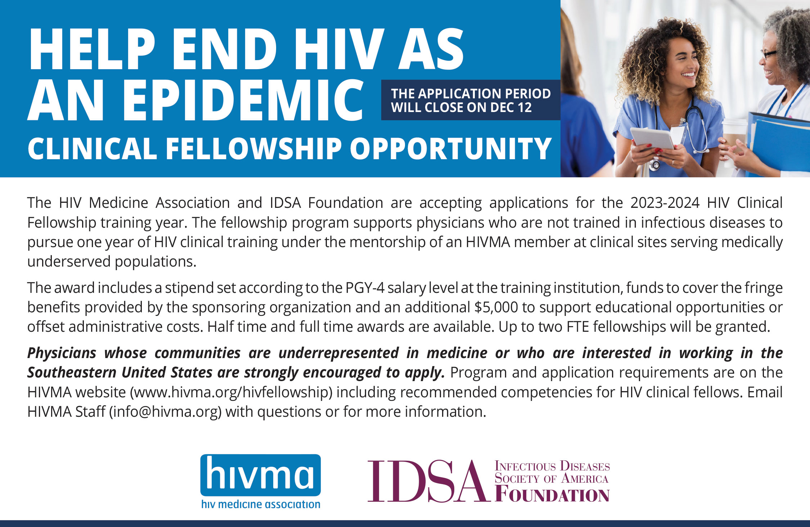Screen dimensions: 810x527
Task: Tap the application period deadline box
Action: pyautogui.click(x=471, y=100)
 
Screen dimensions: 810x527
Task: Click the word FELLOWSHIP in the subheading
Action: pyautogui.click(x=253, y=148)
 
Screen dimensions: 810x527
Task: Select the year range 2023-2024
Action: pyautogui.click(x=665, y=203)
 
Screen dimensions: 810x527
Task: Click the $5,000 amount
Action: pyautogui.click(x=496, y=308)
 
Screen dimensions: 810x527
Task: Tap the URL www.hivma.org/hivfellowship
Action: pyautogui.click(x=231, y=392)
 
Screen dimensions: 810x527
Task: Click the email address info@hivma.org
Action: pyautogui.click(x=166, y=412)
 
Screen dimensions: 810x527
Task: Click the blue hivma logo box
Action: pyautogui.click(x=261, y=475)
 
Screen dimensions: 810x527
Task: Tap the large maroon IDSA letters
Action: pyautogui.click(x=429, y=481)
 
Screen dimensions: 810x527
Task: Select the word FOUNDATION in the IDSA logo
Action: pyautogui.click(x=552, y=495)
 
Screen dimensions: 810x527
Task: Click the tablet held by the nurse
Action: pyautogui.click(x=653, y=139)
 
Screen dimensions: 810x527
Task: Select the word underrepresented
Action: pyautogui.click(x=339, y=353)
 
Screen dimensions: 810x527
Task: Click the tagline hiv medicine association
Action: pyautogui.click(x=261, y=504)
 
